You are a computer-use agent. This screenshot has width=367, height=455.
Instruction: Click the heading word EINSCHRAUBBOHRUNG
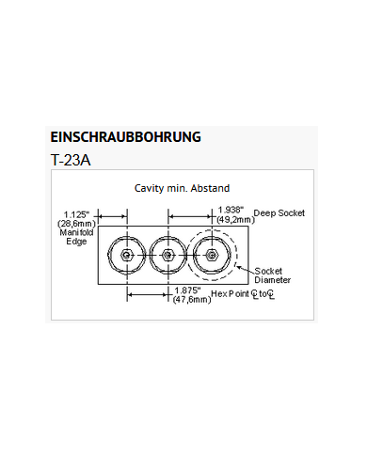click(x=125, y=136)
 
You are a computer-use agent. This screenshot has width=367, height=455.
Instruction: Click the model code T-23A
click(x=72, y=159)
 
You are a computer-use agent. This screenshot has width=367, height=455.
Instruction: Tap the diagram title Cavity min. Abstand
click(x=182, y=188)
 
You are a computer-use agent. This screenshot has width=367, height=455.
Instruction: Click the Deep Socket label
click(x=279, y=213)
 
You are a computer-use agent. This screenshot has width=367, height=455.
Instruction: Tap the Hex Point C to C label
click(x=243, y=293)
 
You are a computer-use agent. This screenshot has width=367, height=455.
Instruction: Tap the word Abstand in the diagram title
click(x=208, y=188)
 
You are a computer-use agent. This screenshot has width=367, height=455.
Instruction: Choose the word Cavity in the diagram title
click(x=149, y=188)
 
